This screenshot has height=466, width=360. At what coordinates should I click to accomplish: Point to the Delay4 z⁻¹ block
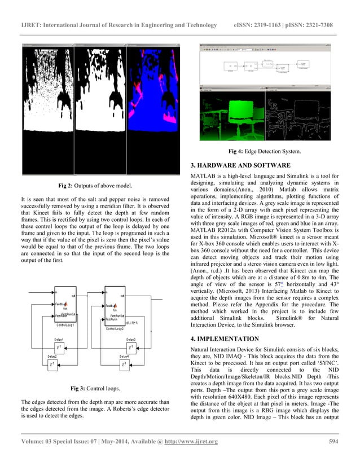click(x=124, y=364)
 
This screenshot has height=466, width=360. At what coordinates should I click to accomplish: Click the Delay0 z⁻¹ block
click(x=131, y=347)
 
